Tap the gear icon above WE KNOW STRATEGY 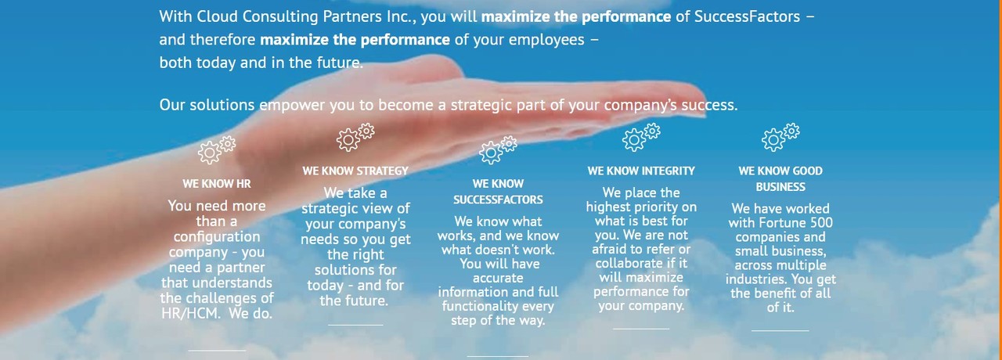[355, 137]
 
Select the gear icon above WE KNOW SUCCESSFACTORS [498, 150]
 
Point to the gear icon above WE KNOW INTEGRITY [641, 137]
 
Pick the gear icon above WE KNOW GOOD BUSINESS [780, 137]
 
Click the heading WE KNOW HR [217, 184]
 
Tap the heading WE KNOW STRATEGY [355, 171]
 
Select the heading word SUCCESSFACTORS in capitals [498, 200]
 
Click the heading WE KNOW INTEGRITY [641, 171]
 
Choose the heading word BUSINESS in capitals [780, 187]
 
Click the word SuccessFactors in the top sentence [747, 16]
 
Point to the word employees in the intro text [546, 40]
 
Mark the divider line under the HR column [217, 351]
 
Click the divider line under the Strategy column [355, 325]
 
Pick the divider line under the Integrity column [641, 329]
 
